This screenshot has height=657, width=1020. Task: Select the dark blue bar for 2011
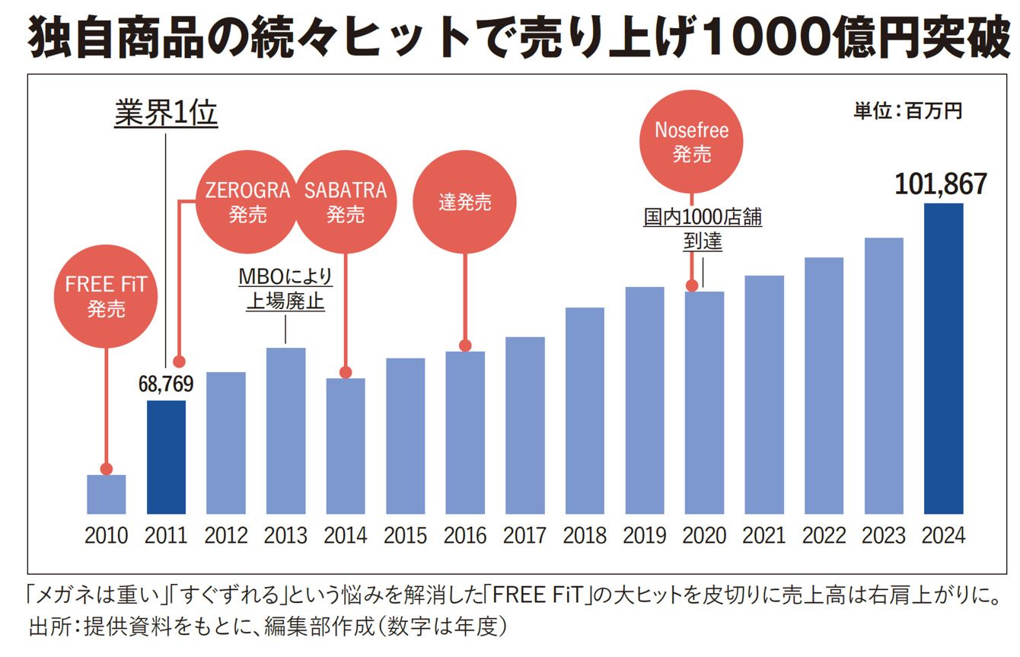166,457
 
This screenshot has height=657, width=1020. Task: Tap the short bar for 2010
107,494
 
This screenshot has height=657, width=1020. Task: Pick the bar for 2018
585,410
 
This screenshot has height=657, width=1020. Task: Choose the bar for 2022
824,385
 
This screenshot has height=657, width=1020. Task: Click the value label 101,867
941,184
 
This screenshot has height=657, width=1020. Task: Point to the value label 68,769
165,383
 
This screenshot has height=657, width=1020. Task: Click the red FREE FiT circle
106,296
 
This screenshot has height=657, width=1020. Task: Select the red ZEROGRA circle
247,201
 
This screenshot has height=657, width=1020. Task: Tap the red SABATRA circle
346,201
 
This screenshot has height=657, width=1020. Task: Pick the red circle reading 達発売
465,202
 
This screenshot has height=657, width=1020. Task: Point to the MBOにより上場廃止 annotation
285,288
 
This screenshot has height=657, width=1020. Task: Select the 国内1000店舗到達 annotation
703,229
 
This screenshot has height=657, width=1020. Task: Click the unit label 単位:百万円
907,111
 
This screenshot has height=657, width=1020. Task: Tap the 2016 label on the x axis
465,535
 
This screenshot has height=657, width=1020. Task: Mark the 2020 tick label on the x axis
704,535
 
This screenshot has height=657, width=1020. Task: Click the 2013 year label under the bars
285,535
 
